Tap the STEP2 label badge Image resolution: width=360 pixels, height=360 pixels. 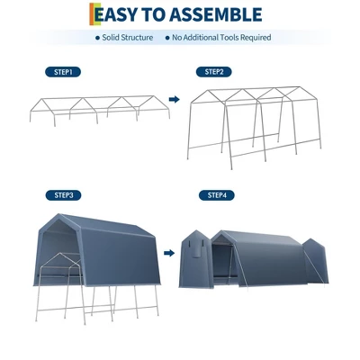point(214,71)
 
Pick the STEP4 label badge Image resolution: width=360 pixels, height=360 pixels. point(217,194)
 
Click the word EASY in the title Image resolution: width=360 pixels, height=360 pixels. point(122,15)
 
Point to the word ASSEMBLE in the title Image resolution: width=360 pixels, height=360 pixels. point(219,15)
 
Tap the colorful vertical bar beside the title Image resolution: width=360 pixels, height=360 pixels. point(92,15)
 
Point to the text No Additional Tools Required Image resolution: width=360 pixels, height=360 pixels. point(221,38)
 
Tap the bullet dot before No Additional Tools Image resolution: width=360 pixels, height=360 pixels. point(166,38)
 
